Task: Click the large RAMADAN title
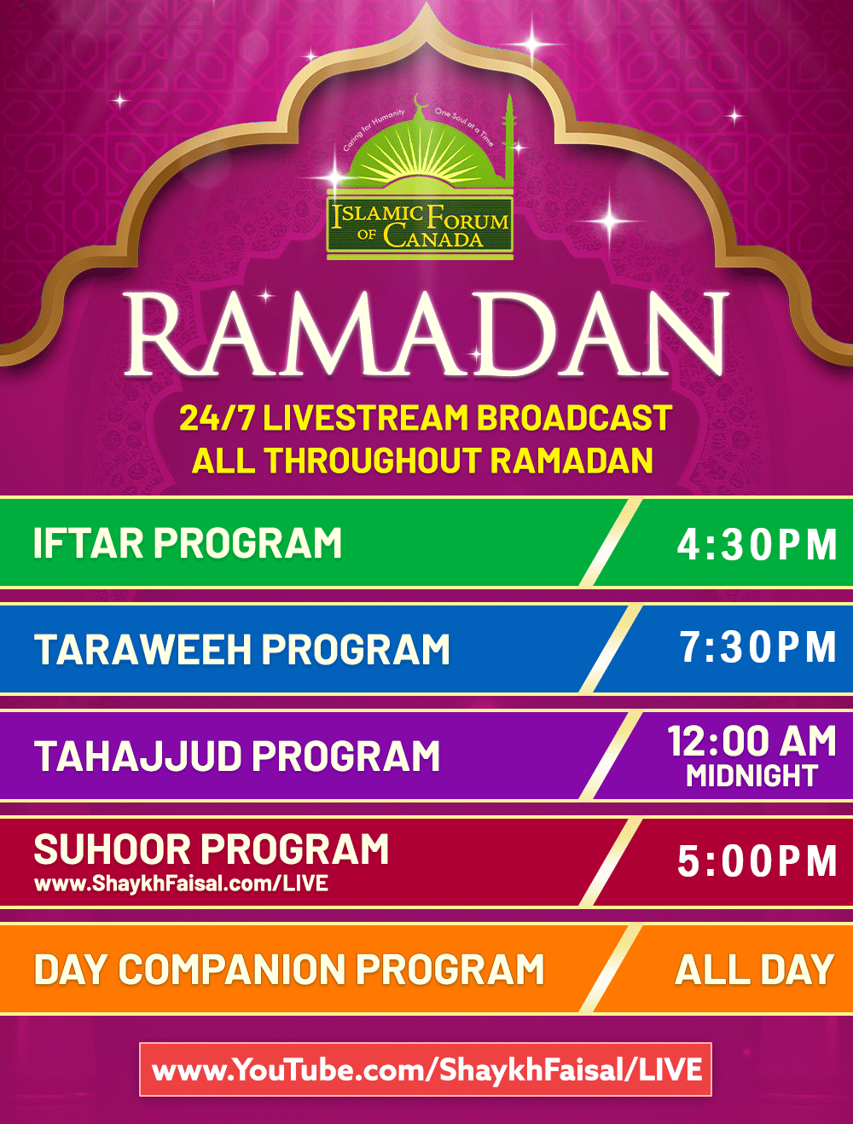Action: pyautogui.click(x=426, y=334)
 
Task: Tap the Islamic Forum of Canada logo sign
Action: pyautogui.click(x=420, y=225)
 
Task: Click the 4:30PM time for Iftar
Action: pyautogui.click(x=757, y=544)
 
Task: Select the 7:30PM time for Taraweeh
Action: pyautogui.click(x=757, y=646)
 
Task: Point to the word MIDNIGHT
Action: pyautogui.click(x=751, y=776)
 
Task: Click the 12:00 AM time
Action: pyautogui.click(x=751, y=741)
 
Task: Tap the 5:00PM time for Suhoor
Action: pyautogui.click(x=757, y=861)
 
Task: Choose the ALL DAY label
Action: pyautogui.click(x=755, y=970)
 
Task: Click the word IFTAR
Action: pyautogui.click(x=89, y=542)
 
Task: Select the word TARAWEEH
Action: pyautogui.click(x=143, y=649)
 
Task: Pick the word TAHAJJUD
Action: pyautogui.click(x=137, y=756)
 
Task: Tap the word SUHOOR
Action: pyautogui.click(x=112, y=849)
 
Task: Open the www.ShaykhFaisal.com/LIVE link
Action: pyautogui.click(x=181, y=884)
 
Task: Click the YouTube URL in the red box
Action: pyautogui.click(x=426, y=1069)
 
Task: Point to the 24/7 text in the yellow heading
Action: pyautogui.click(x=217, y=418)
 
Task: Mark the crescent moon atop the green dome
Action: pyautogui.click(x=421, y=101)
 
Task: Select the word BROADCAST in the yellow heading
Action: pyautogui.click(x=574, y=418)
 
